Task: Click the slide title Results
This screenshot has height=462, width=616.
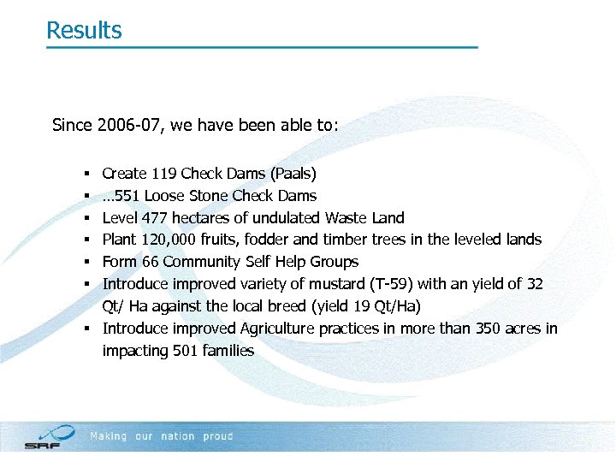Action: pyautogui.click(x=84, y=30)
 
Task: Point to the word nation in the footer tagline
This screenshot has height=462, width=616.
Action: pyautogui.click(x=178, y=436)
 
